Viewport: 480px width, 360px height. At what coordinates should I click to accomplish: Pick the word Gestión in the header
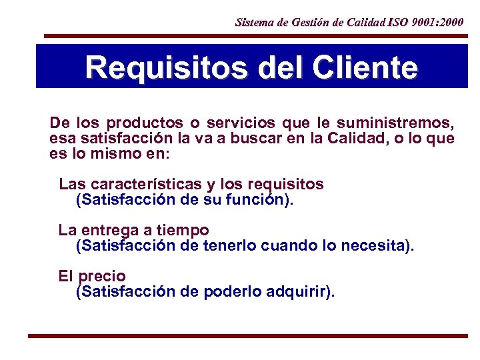309,22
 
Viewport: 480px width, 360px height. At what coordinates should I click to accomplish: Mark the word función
259,199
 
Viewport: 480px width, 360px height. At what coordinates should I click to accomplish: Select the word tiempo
183,231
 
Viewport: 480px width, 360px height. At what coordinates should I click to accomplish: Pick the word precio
102,275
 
